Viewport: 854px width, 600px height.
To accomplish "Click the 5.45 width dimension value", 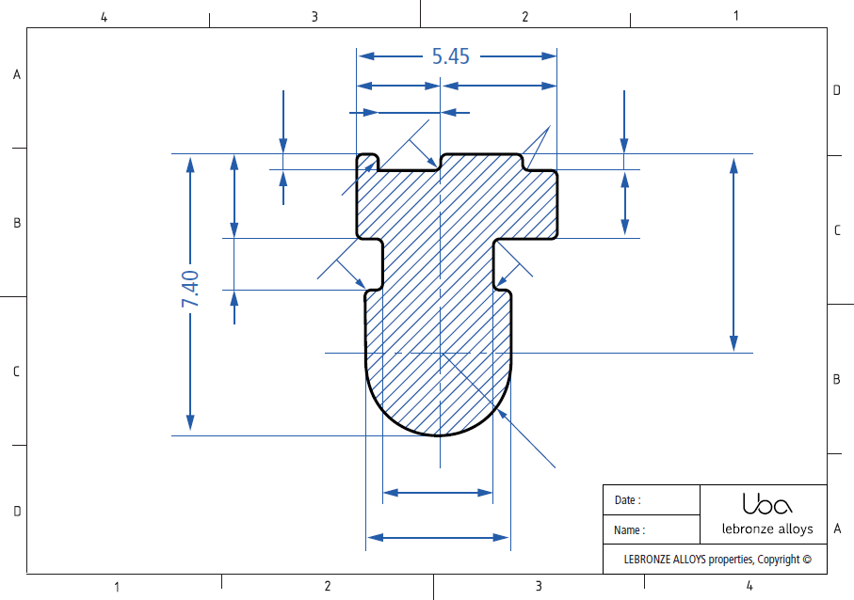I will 450,56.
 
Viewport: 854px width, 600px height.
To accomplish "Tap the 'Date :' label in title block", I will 627,500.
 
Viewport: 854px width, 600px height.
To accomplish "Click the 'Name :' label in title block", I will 629,530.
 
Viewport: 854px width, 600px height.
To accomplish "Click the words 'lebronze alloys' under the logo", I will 766,529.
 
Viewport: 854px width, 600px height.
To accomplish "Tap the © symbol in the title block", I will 806,560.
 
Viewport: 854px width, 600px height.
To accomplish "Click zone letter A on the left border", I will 16,75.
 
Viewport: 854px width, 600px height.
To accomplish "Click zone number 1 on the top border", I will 735,16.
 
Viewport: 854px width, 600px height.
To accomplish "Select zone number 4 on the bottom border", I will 749,587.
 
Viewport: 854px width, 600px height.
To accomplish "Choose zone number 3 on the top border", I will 314,16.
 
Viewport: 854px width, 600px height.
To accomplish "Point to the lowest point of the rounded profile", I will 440,435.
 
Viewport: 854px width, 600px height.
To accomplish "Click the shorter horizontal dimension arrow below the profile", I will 438,492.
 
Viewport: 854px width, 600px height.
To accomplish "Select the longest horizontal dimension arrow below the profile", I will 438,537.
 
